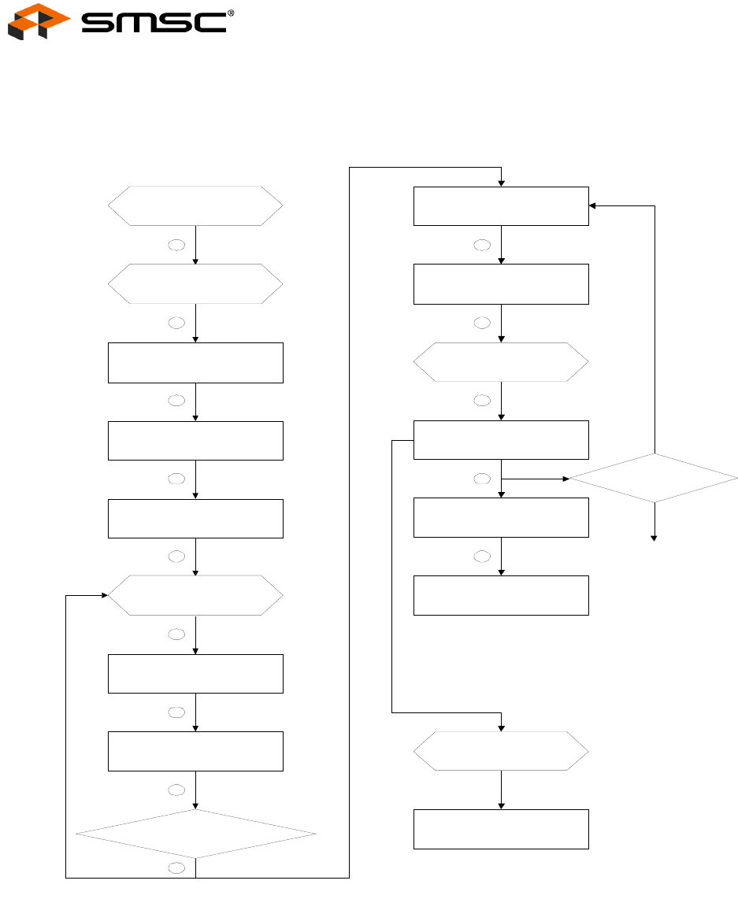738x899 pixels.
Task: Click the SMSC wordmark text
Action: pos(154,23)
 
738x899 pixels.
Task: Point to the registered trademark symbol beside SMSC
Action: pos(231,13)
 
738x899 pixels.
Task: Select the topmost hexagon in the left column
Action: pos(195,206)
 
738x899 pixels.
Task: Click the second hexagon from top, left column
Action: pos(195,283)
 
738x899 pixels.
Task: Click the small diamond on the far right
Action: pos(654,478)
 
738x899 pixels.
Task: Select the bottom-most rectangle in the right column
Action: pos(501,829)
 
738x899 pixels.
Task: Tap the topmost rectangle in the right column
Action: pos(501,206)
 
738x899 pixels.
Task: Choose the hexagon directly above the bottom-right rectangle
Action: pos(501,751)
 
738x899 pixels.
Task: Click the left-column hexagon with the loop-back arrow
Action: pos(195,595)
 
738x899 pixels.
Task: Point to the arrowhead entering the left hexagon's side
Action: pos(103,595)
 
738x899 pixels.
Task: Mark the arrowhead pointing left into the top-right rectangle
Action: pos(594,206)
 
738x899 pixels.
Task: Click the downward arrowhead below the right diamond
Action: pos(654,538)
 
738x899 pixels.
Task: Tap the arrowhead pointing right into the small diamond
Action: pos(565,478)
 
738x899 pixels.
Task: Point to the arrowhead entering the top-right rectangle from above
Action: pos(501,183)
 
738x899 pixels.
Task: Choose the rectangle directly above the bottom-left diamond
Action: pos(195,751)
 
